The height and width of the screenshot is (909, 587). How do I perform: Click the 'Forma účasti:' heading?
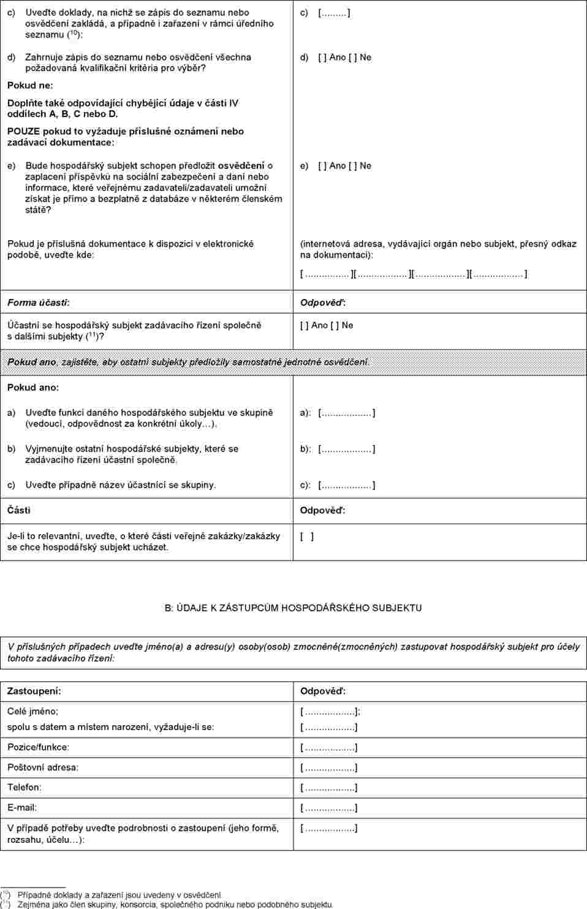click(x=38, y=303)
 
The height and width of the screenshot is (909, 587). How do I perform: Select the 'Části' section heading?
click(x=18, y=510)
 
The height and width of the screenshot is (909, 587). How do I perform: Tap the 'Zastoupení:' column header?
click(x=34, y=691)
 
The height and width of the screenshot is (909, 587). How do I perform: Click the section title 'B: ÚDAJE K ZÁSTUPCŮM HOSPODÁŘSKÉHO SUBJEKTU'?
click(x=293, y=608)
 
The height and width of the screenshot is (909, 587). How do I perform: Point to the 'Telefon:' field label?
click(x=24, y=787)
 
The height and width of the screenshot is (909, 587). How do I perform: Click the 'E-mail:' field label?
click(x=22, y=807)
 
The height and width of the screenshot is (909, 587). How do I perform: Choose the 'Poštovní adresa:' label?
click(x=43, y=767)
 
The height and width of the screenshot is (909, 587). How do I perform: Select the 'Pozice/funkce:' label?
click(x=38, y=747)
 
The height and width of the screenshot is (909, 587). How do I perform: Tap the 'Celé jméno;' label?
click(x=32, y=711)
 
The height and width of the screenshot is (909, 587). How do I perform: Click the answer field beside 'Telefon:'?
click(x=329, y=788)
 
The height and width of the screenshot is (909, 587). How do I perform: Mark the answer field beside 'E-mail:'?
click(x=329, y=808)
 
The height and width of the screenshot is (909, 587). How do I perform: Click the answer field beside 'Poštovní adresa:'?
click(x=329, y=768)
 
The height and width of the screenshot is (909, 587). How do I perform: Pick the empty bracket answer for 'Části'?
click(x=307, y=537)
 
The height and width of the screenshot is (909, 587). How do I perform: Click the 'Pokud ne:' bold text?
click(x=30, y=85)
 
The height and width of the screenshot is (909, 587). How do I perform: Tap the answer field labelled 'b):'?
click(x=347, y=449)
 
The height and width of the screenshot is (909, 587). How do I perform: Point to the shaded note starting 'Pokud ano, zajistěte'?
click(x=188, y=362)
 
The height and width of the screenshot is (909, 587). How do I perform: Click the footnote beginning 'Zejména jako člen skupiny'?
click(x=175, y=904)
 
